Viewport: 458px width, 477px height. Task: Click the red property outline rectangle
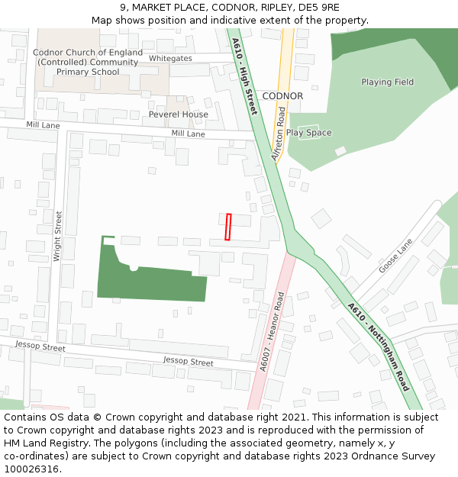point(227,227)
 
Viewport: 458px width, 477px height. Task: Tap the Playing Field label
point(387,82)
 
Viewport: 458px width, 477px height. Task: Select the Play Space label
point(308,133)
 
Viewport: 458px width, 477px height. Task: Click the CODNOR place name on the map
point(282,96)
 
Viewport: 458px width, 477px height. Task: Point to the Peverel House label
point(178,114)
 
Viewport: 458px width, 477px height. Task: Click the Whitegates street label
point(170,58)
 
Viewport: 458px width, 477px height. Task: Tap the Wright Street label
point(58,237)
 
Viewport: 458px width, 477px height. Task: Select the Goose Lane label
point(395,256)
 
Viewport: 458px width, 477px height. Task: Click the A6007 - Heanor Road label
point(271,333)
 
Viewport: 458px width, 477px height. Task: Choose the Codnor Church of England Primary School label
point(88,62)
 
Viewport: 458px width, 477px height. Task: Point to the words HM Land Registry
point(45,443)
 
